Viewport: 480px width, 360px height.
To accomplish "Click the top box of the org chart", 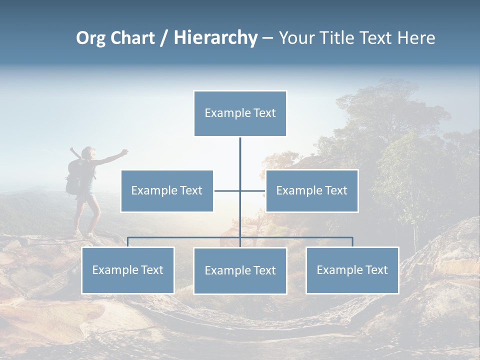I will [240, 113].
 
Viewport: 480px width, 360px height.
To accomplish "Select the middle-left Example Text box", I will [167, 190].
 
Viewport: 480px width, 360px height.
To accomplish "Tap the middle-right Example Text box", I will [311, 190].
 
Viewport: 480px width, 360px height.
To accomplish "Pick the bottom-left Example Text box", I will [128, 270].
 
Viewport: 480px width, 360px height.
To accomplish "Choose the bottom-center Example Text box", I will [240, 270].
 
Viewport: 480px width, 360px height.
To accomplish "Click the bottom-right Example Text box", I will [352, 270].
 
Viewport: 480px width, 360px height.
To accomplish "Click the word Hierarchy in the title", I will [215, 38].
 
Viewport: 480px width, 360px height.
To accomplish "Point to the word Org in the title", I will [91, 38].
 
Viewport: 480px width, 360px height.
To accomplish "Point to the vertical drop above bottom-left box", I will [128, 242].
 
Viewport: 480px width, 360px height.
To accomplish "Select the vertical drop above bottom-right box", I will [352, 242].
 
